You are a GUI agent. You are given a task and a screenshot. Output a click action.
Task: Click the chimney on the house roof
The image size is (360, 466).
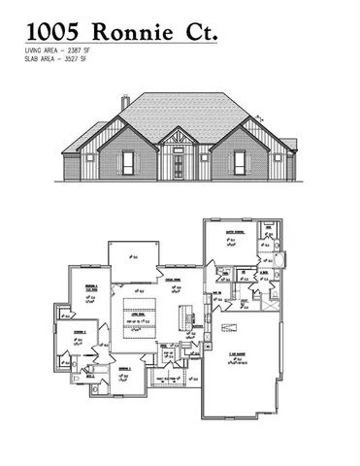pos(125,102)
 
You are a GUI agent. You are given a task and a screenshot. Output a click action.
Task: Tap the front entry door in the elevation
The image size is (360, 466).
pos(180,166)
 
